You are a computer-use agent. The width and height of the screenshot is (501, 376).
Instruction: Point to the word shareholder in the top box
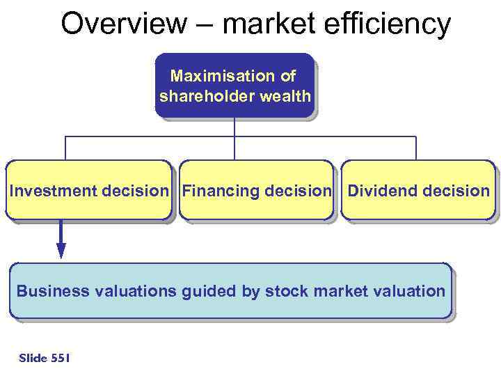pyautogui.click(x=206, y=96)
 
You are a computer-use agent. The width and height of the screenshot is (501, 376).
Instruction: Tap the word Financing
pyautogui.click(x=222, y=191)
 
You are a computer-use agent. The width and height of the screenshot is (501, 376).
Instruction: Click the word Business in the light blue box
pyautogui.click(x=49, y=291)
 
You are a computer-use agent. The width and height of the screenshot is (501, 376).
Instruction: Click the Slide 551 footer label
pyautogui.click(x=45, y=358)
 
